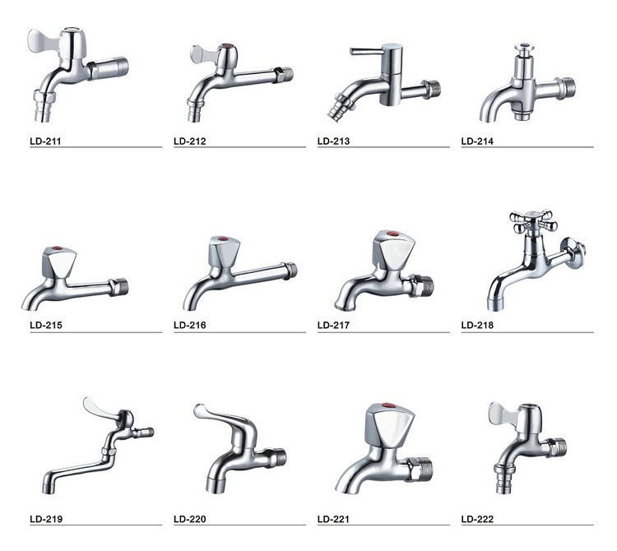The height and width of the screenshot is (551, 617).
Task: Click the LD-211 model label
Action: [x=45, y=141]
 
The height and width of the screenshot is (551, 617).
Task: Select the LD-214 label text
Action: [x=477, y=141]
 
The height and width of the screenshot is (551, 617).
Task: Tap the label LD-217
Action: [x=333, y=325]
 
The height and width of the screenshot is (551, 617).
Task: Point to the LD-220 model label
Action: [x=190, y=519]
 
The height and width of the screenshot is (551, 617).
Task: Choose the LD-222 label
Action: [x=477, y=519]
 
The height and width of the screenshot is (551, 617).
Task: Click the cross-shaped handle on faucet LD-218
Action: [x=533, y=221]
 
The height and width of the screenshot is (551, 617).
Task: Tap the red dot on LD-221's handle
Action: [x=389, y=406]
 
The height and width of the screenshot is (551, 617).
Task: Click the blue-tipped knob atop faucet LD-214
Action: [x=525, y=49]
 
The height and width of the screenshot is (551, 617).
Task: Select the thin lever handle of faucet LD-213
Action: [x=366, y=51]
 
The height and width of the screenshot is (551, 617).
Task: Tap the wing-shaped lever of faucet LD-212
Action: [x=202, y=54]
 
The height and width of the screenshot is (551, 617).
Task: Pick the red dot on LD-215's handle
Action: [x=57, y=248]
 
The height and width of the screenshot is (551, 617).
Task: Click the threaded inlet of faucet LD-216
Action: [x=290, y=271]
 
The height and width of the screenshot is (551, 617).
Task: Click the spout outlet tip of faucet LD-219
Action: [x=48, y=488]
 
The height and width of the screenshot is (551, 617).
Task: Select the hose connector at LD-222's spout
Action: [x=504, y=479]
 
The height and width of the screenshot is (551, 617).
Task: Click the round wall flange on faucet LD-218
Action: [x=573, y=249]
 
